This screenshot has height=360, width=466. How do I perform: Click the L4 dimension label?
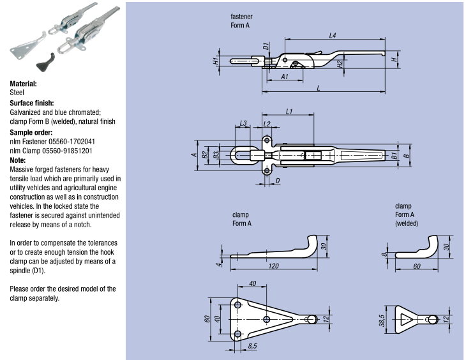pyautogui.click(x=333, y=35)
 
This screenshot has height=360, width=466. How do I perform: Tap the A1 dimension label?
pyautogui.click(x=285, y=76)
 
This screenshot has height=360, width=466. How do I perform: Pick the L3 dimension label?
pyautogui.click(x=243, y=123)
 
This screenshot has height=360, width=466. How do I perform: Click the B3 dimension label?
pyautogui.click(x=216, y=154)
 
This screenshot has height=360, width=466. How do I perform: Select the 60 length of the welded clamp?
pyautogui.click(x=416, y=265)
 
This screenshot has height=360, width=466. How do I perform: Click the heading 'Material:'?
pyautogui.click(x=24, y=84)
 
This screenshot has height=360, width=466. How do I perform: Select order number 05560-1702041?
pyautogui.click(x=70, y=142)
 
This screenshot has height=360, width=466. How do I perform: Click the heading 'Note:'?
pyautogui.click(x=18, y=160)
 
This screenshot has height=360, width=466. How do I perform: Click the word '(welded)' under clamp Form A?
pyautogui.click(x=407, y=223)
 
